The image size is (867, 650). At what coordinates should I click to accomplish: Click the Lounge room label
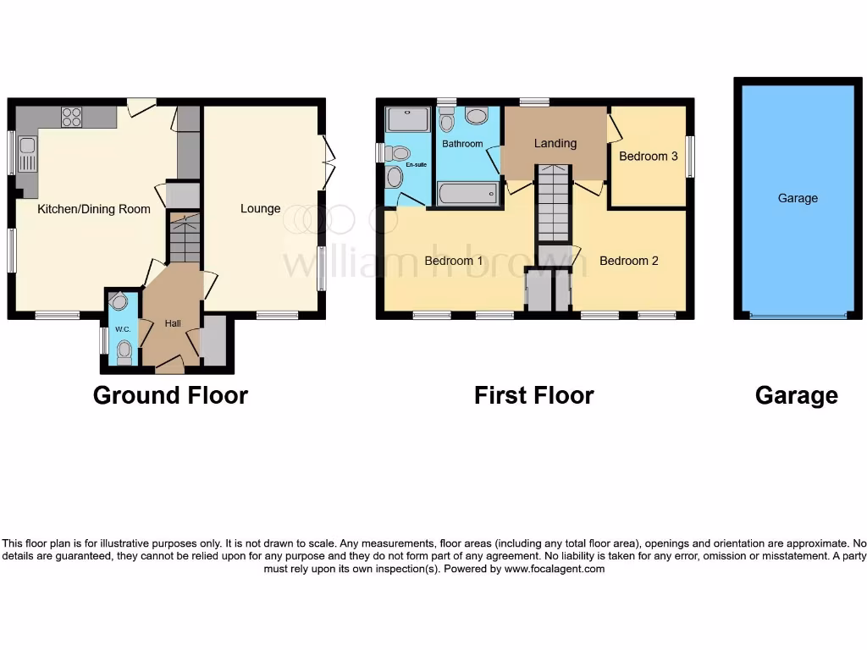tap(260, 208)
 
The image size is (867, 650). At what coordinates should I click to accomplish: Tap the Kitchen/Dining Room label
tap(94, 209)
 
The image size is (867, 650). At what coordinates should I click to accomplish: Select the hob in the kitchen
tap(71, 117)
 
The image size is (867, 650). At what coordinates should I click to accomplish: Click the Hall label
tap(173, 323)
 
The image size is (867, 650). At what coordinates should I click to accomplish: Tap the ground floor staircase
tap(185, 239)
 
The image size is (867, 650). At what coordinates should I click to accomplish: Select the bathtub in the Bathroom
tap(469, 194)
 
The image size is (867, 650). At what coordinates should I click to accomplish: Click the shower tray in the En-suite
tap(408, 119)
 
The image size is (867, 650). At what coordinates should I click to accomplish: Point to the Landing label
tap(555, 143)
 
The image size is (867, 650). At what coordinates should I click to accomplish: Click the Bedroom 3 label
tap(648, 156)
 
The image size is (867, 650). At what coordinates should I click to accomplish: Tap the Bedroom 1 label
tap(454, 261)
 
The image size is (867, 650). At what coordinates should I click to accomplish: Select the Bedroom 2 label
tap(628, 261)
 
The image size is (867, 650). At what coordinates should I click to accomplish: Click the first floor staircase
tap(553, 203)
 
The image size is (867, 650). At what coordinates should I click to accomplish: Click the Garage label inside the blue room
tap(798, 198)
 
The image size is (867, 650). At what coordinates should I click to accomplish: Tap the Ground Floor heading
tap(170, 395)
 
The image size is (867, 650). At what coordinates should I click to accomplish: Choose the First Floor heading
tap(533, 395)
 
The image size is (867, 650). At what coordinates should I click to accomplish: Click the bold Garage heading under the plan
tap(796, 395)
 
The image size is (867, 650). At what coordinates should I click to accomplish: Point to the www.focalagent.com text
tap(555, 570)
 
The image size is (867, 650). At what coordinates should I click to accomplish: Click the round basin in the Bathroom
tap(477, 116)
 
